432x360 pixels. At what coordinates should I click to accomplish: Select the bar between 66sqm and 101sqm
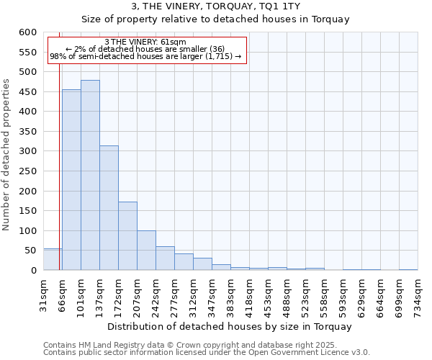tap(71, 180)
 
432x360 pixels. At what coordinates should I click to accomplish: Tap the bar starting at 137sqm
tap(109, 208)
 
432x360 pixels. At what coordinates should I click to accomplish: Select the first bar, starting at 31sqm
tap(53, 260)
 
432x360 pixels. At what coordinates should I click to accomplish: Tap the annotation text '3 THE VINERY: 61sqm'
tap(145, 42)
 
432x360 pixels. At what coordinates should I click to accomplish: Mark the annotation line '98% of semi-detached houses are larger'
tap(145, 56)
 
